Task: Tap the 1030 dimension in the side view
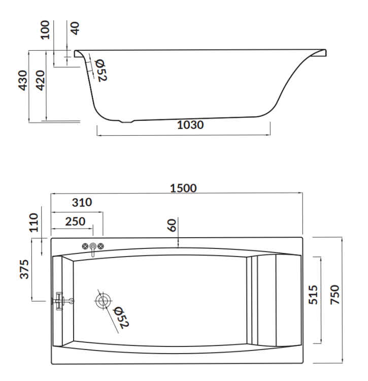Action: coord(190,125)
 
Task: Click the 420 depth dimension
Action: coord(41,80)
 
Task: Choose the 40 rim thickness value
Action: coord(75,27)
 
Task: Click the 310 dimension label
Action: coord(81,203)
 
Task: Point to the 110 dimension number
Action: coord(35,222)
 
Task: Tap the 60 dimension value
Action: coord(173,226)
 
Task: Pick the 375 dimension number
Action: coord(23,269)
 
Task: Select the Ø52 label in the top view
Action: coord(121,317)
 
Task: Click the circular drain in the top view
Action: coord(102,300)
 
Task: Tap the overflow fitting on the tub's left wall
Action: coord(61,300)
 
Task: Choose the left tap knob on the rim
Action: coord(85,246)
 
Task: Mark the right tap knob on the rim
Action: coord(101,246)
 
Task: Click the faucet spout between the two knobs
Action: coord(93,249)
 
